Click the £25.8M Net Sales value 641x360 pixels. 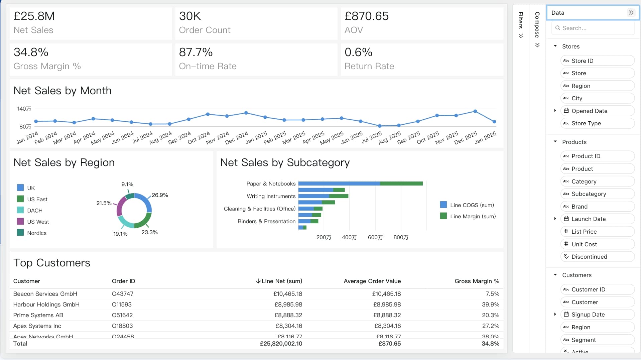(x=34, y=16)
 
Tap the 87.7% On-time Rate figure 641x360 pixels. (x=196, y=52)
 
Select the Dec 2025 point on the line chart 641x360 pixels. (x=475, y=111)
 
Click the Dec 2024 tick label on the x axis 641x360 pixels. (x=237, y=137)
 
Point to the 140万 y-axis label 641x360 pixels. (x=24, y=109)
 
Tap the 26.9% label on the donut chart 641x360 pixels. (x=160, y=195)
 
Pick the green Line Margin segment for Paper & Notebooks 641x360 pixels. (x=401, y=184)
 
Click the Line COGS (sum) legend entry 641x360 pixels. (x=467, y=205)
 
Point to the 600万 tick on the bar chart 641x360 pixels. (x=375, y=237)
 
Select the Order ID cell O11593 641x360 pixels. (x=122, y=305)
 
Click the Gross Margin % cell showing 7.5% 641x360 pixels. (x=492, y=294)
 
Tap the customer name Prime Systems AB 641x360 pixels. (x=38, y=315)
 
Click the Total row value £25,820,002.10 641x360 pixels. (x=281, y=344)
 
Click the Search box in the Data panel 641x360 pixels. (x=593, y=28)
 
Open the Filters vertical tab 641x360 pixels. (x=521, y=25)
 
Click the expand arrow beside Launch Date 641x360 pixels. (x=555, y=219)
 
